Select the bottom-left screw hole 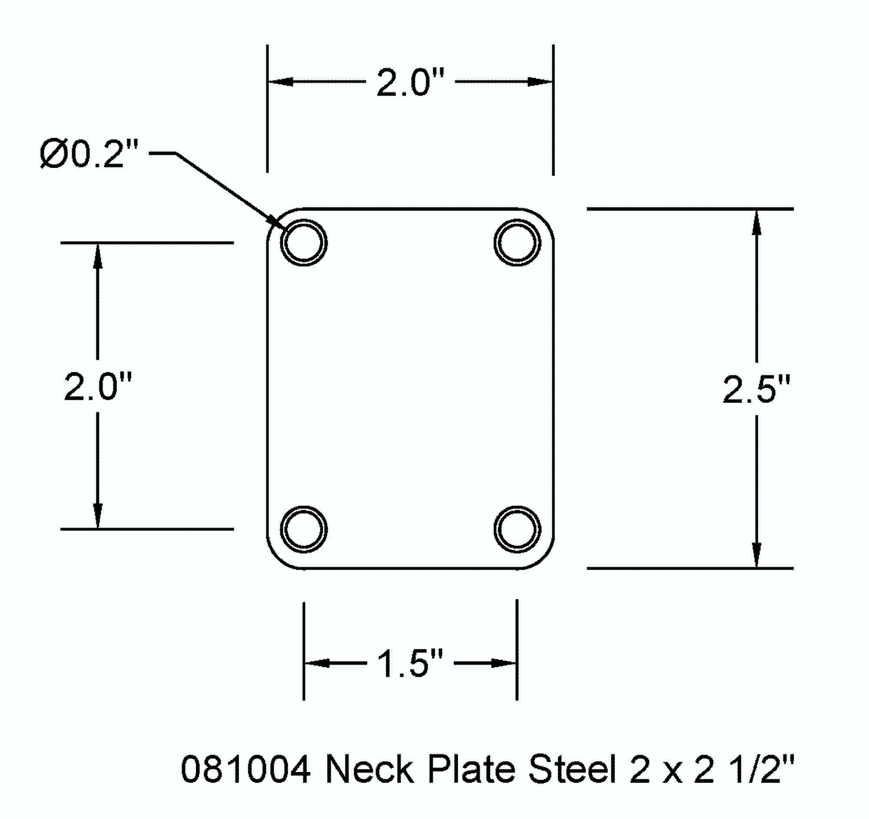[x=304, y=529]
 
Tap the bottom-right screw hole [x=517, y=529]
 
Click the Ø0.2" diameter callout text [x=89, y=154]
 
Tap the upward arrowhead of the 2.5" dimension [x=756, y=223]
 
